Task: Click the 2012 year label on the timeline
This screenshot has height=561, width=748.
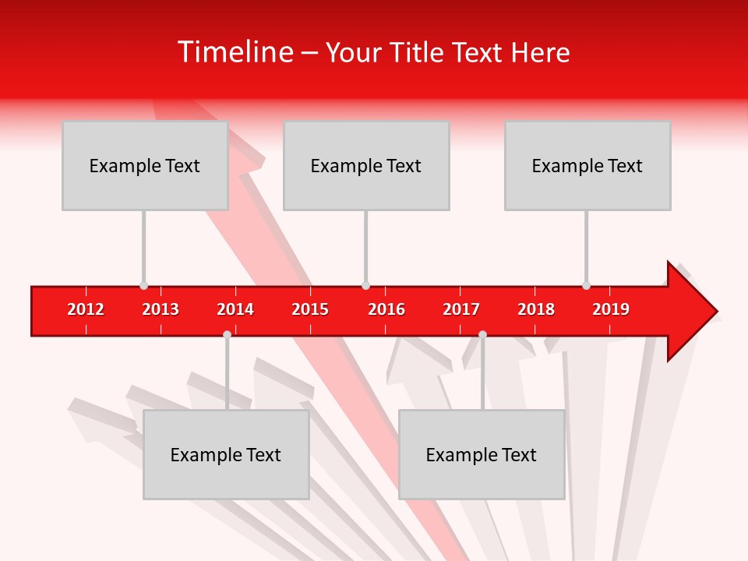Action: pos(86,309)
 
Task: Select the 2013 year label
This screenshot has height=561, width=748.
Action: pos(161,309)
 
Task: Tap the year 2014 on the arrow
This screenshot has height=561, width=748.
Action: pos(235,309)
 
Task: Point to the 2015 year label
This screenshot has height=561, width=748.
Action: pos(310,309)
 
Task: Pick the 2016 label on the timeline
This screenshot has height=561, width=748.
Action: pos(386,309)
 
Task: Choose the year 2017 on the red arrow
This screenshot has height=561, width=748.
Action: pos(461,309)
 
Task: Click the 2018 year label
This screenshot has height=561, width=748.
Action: pos(536,309)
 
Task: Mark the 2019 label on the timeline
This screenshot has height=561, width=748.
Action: pos(611,309)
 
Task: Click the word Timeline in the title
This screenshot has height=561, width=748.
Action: pos(234,52)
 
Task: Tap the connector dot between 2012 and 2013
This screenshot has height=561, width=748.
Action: pos(143,286)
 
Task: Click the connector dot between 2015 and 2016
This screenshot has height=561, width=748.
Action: pos(365,286)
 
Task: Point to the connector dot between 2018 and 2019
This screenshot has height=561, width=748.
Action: pos(586,286)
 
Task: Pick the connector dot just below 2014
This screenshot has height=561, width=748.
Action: pos(227,334)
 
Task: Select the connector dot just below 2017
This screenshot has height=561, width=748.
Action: pos(482,334)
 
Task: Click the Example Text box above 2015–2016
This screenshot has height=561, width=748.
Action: pos(366,165)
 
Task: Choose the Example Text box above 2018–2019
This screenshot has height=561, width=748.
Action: pos(587,165)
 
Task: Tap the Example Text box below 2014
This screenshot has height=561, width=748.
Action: pos(226,454)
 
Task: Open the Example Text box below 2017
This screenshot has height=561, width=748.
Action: pos(482,454)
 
